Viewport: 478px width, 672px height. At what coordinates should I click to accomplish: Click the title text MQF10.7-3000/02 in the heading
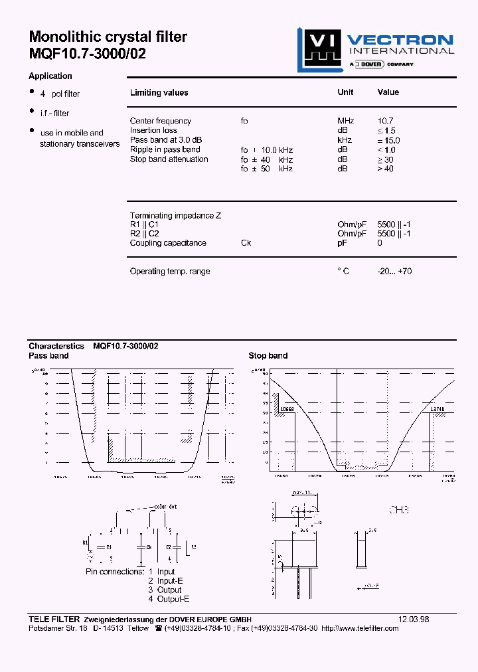[87, 54]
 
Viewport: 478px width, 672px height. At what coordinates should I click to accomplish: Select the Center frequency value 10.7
[385, 121]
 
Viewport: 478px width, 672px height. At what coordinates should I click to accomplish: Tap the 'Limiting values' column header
[159, 93]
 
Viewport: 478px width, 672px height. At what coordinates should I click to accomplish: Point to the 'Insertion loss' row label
[153, 130]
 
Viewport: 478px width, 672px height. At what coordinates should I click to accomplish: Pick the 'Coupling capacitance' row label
[168, 243]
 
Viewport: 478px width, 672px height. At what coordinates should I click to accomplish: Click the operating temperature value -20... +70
[394, 272]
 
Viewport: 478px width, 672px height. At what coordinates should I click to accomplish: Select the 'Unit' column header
[345, 93]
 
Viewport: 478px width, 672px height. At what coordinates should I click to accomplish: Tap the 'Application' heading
[50, 76]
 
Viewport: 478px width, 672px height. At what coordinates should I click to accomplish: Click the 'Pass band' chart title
[48, 356]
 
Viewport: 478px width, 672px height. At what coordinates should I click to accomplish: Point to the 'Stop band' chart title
[268, 356]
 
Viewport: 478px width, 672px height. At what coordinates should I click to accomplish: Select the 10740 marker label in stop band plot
[438, 410]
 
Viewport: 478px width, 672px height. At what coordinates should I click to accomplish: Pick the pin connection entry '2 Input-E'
[166, 581]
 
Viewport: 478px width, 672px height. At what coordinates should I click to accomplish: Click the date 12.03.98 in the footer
[414, 619]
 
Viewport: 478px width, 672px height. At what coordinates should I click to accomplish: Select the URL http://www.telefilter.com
[359, 628]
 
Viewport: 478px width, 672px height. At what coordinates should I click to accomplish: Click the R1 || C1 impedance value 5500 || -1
[394, 224]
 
